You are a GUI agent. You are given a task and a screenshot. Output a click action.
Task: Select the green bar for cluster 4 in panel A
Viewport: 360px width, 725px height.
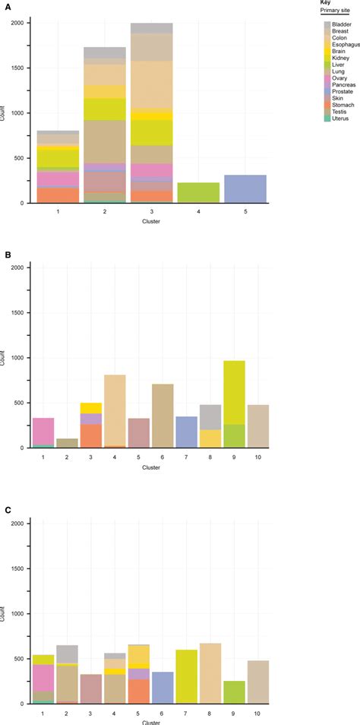[198, 192]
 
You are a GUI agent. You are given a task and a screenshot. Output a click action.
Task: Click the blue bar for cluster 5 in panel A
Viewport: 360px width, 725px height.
[245, 188]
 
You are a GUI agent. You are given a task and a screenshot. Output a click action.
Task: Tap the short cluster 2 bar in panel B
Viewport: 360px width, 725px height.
[68, 443]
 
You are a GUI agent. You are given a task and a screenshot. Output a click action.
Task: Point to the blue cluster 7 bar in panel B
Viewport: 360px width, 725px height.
[186, 432]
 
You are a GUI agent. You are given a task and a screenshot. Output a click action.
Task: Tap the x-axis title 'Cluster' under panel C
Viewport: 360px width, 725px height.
[150, 720]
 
